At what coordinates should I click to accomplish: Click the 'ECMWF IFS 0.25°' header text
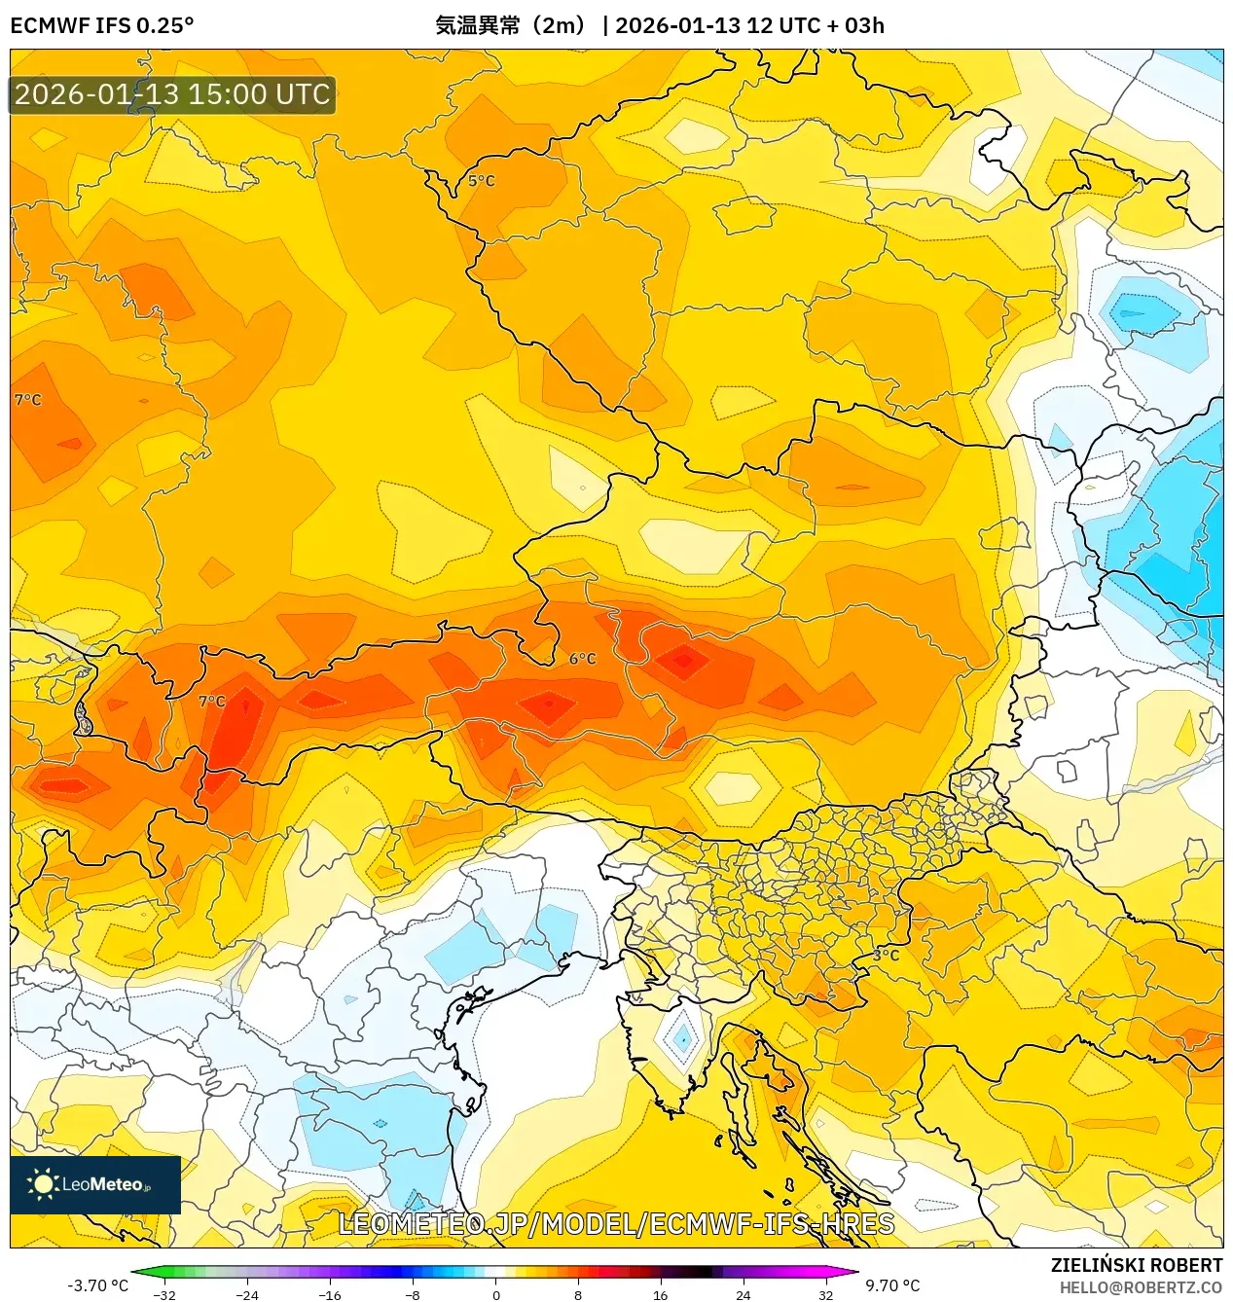[102, 25]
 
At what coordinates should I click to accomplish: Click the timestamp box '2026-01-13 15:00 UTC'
[172, 95]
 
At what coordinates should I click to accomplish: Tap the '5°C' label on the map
[481, 181]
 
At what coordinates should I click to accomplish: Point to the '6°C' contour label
[582, 659]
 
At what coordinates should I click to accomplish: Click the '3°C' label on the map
[885, 955]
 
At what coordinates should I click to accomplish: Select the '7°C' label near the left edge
[27, 400]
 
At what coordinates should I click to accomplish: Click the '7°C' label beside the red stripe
[211, 701]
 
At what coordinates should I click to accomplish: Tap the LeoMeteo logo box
[95, 1184]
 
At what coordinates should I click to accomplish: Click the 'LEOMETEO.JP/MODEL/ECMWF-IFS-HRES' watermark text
[616, 1224]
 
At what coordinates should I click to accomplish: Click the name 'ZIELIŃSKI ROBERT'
[1136, 1265]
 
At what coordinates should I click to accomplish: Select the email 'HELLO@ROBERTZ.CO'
[1141, 1287]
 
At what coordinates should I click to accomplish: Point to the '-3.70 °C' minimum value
[97, 1285]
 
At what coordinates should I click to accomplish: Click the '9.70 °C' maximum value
[892, 1285]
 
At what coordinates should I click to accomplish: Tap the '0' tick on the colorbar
[495, 1295]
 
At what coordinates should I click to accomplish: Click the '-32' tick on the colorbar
[164, 1295]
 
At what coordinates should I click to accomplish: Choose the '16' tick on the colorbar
[660, 1295]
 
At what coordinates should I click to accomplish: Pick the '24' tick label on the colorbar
[743, 1295]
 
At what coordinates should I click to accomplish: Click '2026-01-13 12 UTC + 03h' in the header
[749, 25]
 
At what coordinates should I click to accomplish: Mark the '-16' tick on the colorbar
[330, 1295]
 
